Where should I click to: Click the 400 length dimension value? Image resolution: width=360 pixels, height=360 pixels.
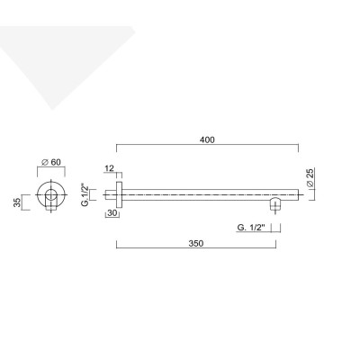[207, 139]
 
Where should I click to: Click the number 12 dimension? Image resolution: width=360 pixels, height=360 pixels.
[109, 169]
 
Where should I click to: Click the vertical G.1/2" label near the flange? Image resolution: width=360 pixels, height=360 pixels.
[85, 193]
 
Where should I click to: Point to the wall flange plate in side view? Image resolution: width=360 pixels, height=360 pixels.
[117, 193]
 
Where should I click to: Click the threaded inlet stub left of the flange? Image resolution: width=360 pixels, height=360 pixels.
[108, 193]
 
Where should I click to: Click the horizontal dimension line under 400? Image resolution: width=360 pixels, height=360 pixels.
[207, 148]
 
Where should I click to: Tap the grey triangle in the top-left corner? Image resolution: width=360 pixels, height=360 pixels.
[54, 54]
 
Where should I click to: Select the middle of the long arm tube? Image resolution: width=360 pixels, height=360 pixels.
[207, 193]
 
